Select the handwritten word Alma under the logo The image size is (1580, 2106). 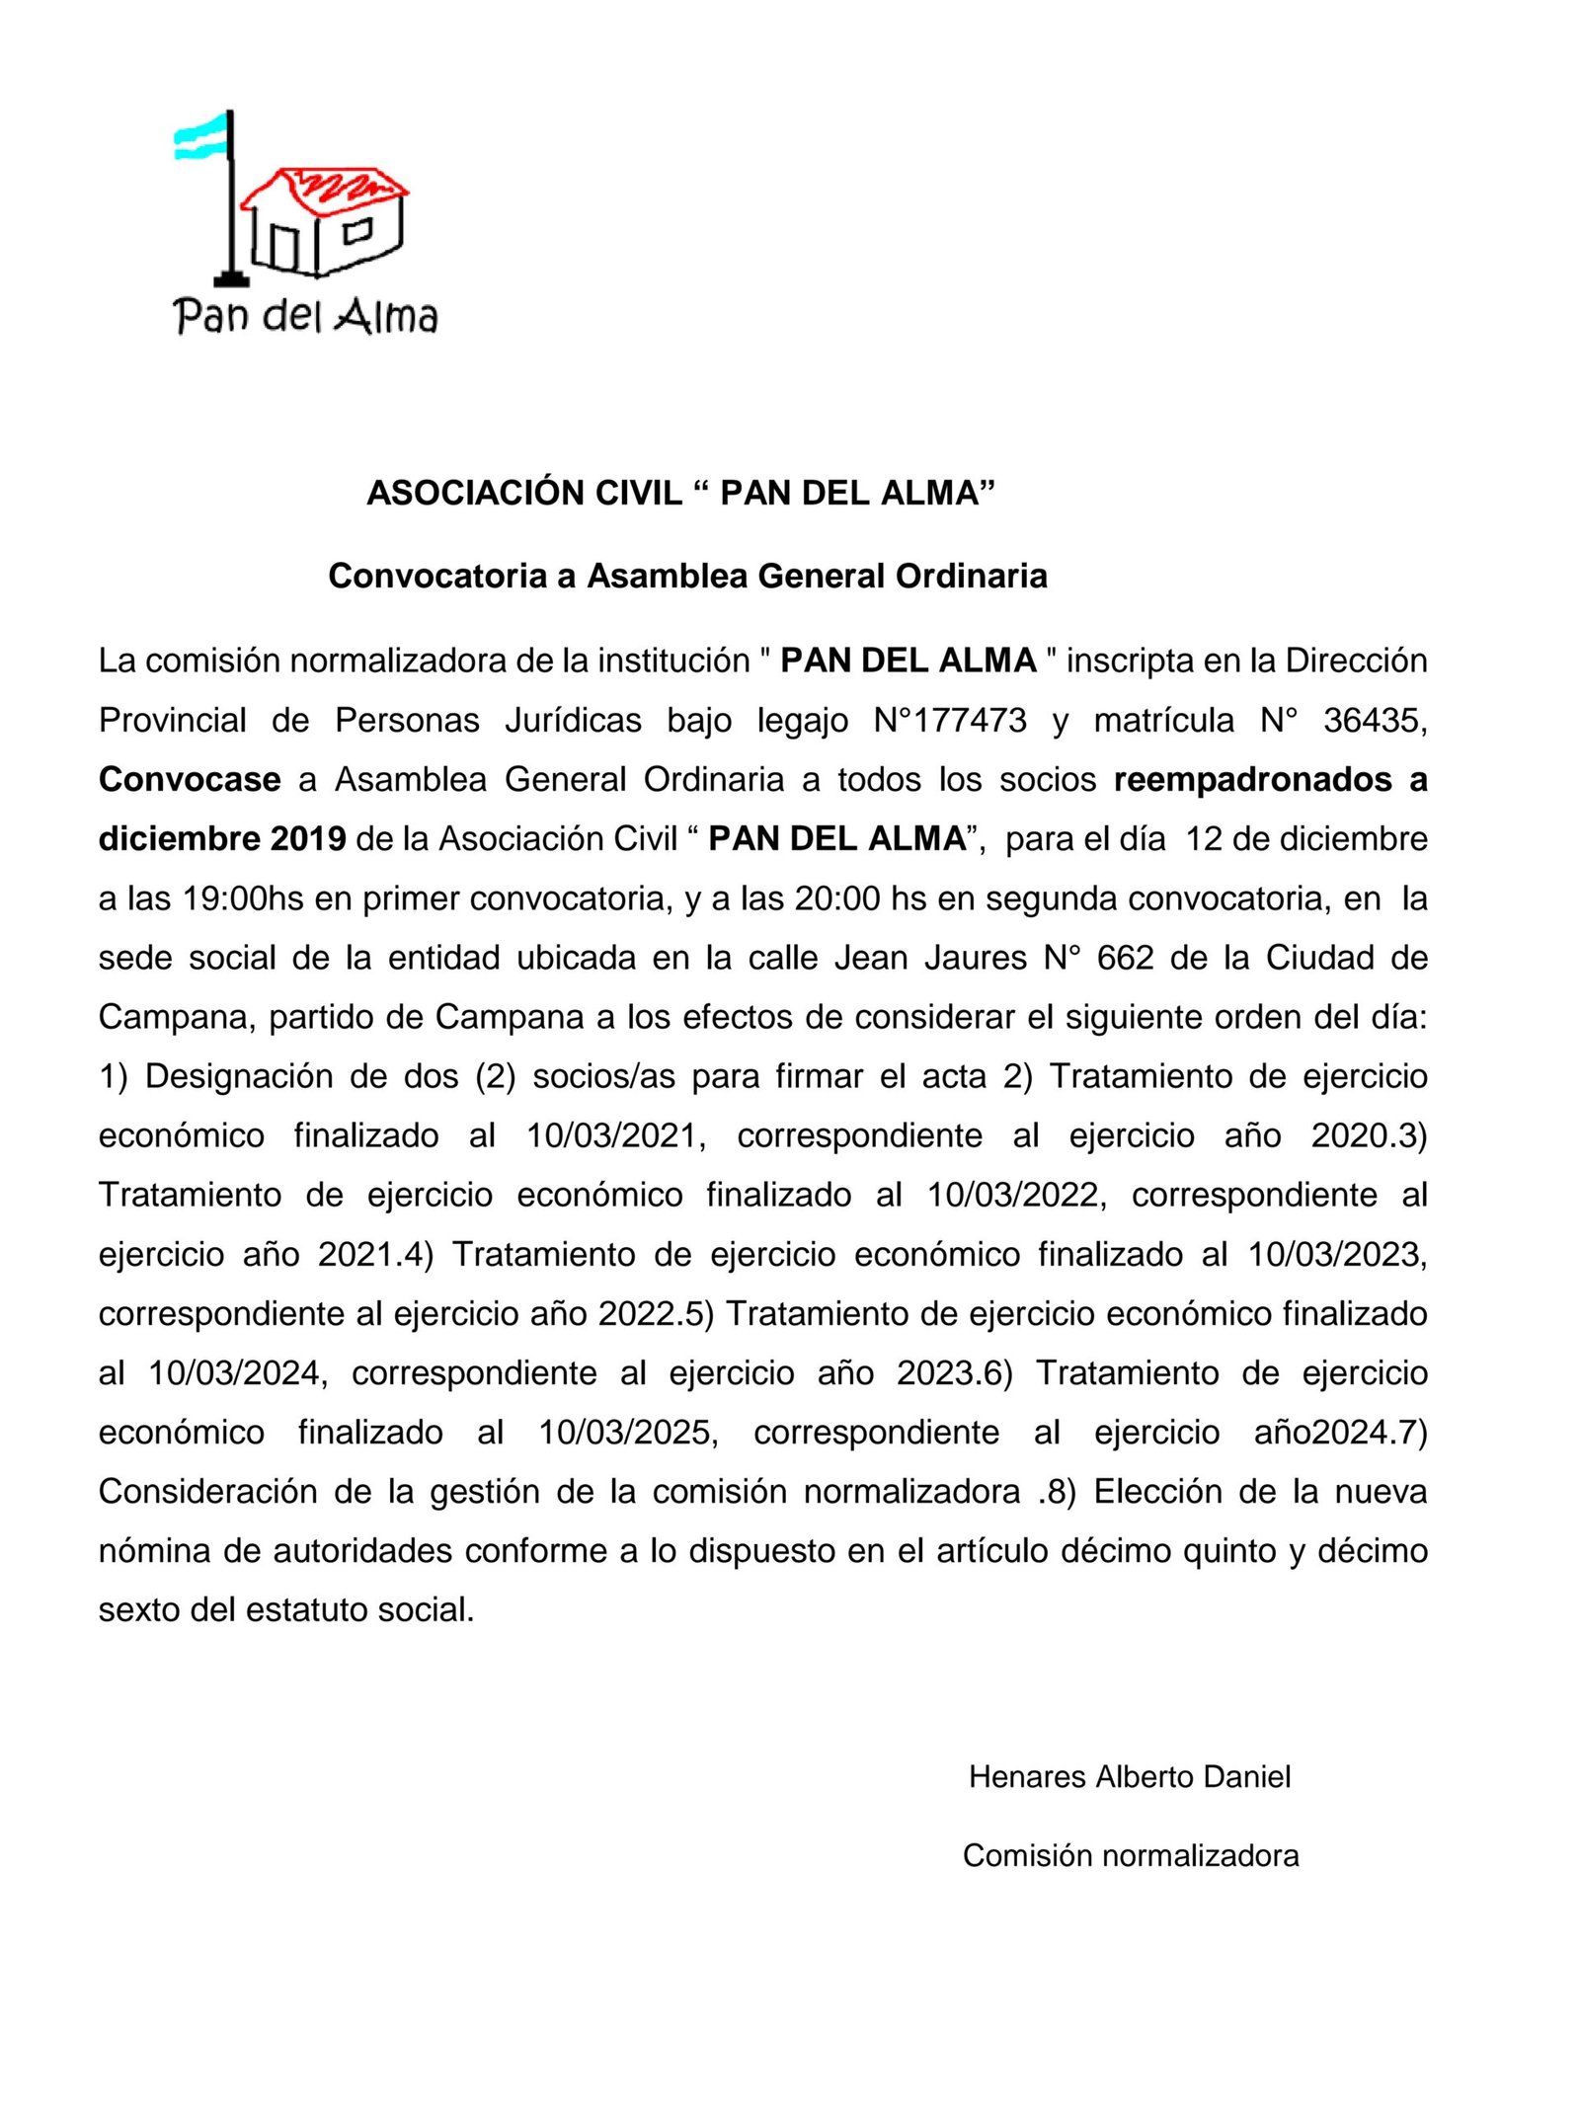pyautogui.click(x=386, y=316)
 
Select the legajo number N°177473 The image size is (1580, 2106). pyautogui.click(x=950, y=721)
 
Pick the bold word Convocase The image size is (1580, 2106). pyautogui.click(x=190, y=780)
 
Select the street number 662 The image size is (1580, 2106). pyautogui.click(x=1125, y=958)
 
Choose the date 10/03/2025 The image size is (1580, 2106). pyautogui.click(x=627, y=1433)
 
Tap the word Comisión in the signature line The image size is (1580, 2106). pyautogui.click(x=1027, y=1856)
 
